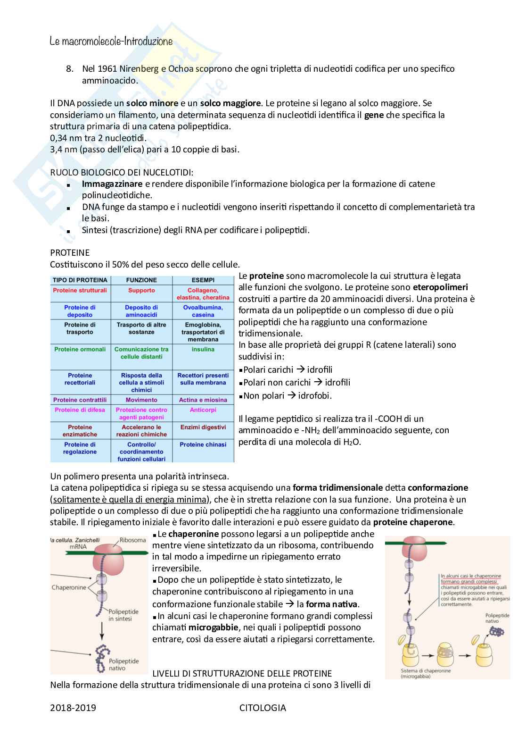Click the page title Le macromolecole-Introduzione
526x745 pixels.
tap(111, 42)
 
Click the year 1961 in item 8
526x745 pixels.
tap(107, 69)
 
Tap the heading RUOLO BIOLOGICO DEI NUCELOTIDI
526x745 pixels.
tap(122, 172)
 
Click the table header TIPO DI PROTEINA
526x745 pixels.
tap(80, 280)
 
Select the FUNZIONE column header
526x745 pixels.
tap(141, 280)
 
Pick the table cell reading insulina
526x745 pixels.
tap(203, 349)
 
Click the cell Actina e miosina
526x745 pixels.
tap(203, 400)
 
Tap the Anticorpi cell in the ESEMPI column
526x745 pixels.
tap(203, 410)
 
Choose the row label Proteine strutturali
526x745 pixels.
tap(80, 290)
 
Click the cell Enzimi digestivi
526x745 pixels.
tap(203, 427)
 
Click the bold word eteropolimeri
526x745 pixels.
tap(440, 287)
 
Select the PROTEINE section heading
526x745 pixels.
tap(70, 253)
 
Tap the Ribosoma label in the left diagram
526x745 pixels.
tap(132, 540)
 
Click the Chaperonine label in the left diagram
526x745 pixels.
tap(69, 587)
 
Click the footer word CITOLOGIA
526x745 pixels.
tap(263, 708)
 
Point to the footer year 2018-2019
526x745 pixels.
tap(73, 708)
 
